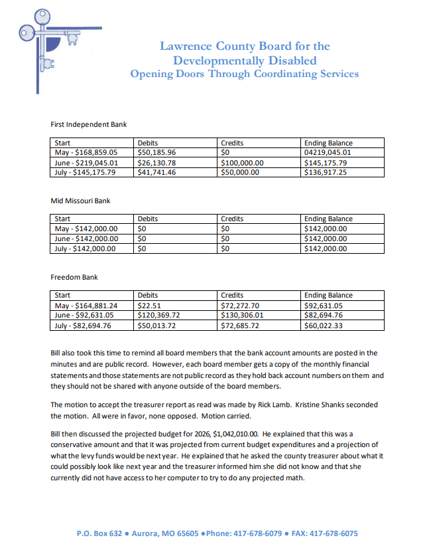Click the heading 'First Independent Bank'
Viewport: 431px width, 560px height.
tap(88, 124)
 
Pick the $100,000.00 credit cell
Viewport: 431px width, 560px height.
tap(242, 162)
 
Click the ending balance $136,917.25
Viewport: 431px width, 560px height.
tap(326, 172)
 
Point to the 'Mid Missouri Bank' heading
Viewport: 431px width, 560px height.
tap(80, 201)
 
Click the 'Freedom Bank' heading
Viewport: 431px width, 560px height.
tap(74, 277)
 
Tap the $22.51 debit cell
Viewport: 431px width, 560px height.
tap(149, 306)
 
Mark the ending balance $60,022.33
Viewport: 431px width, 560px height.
tap(324, 326)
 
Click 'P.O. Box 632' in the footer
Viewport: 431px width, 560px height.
tap(99, 533)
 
